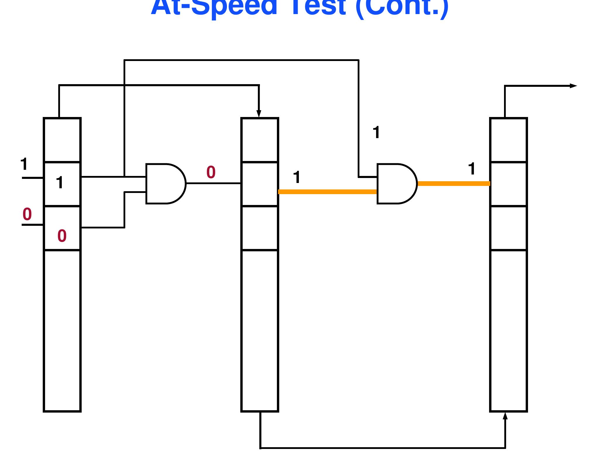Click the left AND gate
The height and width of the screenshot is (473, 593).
click(x=164, y=184)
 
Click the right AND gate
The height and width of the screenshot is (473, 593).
click(x=396, y=184)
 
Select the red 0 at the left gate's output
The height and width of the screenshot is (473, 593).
click(x=211, y=172)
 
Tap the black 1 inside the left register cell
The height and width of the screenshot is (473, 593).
click(x=60, y=183)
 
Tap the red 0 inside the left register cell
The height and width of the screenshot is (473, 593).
click(x=62, y=236)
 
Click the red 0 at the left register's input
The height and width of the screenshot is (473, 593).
click(x=27, y=214)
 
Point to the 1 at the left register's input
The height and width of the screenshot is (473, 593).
click(x=24, y=164)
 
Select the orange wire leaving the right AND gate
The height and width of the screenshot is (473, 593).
click(x=454, y=184)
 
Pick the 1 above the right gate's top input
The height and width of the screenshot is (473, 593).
click(x=376, y=132)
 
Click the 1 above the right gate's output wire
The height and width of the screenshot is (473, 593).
click(x=472, y=169)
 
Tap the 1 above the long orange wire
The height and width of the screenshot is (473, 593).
click(x=296, y=177)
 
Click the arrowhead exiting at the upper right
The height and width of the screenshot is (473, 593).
click(x=573, y=86)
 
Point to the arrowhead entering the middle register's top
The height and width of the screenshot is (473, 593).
click(x=259, y=114)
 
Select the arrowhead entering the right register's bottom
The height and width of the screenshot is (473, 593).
click(x=505, y=416)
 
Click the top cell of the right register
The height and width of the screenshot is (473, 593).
click(x=508, y=140)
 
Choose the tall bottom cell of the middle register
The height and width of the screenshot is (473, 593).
click(x=260, y=330)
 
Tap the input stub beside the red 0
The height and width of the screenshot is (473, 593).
click(x=32, y=225)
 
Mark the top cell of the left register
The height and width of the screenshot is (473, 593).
click(x=62, y=140)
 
